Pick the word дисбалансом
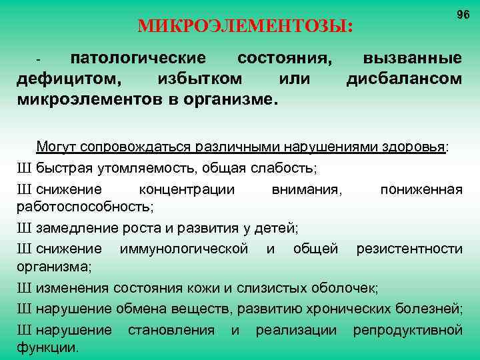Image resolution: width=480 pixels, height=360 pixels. (x=404, y=79)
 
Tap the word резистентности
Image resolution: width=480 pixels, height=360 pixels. (x=409, y=249)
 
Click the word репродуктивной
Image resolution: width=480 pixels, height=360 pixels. (x=407, y=330)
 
